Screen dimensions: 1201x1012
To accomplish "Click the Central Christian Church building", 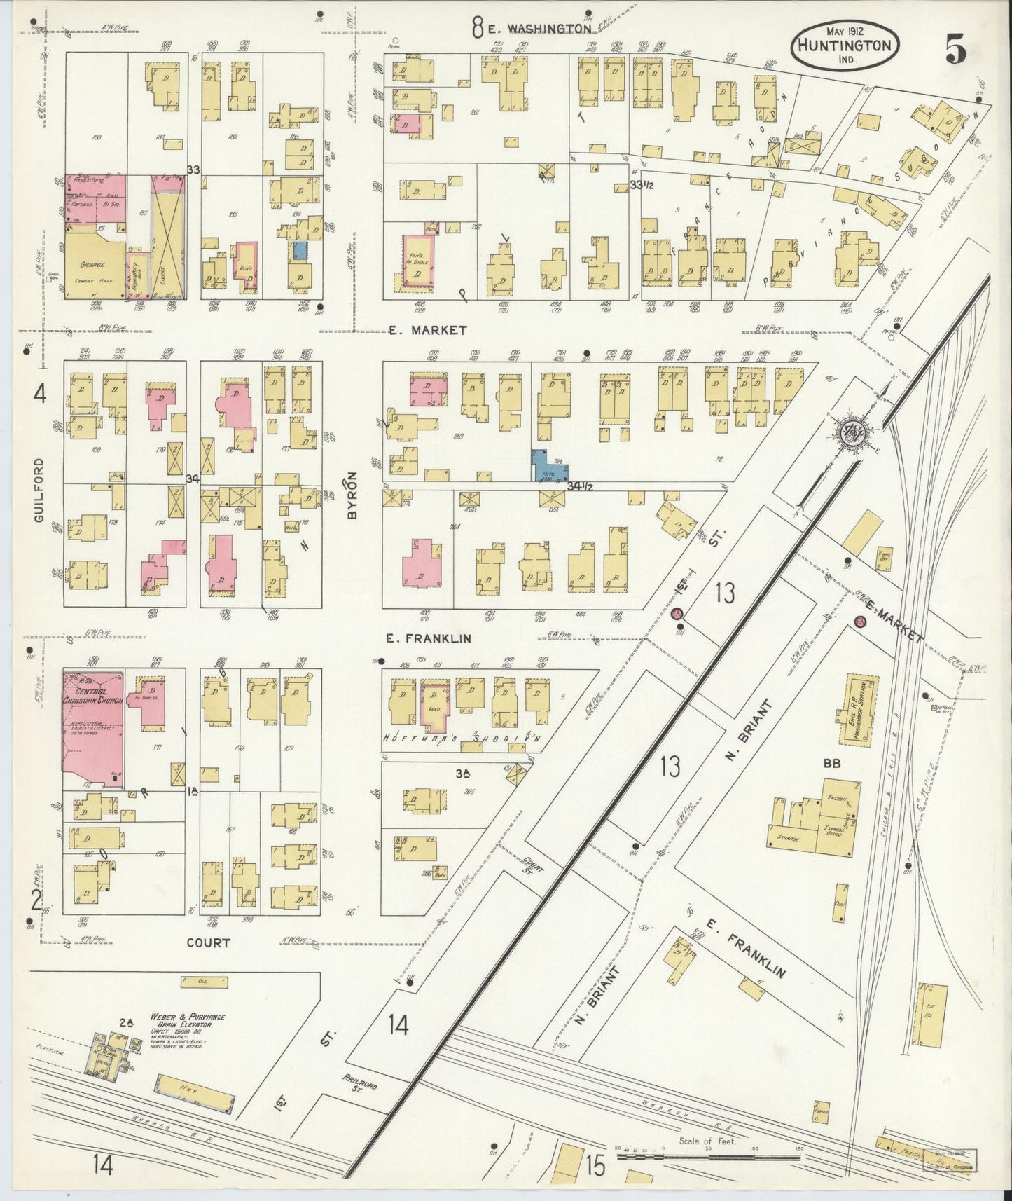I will [93, 729].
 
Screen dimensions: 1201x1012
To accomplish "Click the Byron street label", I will [352, 495].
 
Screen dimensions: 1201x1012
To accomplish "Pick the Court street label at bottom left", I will [208, 943].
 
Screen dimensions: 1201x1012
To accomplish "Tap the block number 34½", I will [580, 486].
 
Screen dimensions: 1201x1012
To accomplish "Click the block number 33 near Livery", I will [194, 170].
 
